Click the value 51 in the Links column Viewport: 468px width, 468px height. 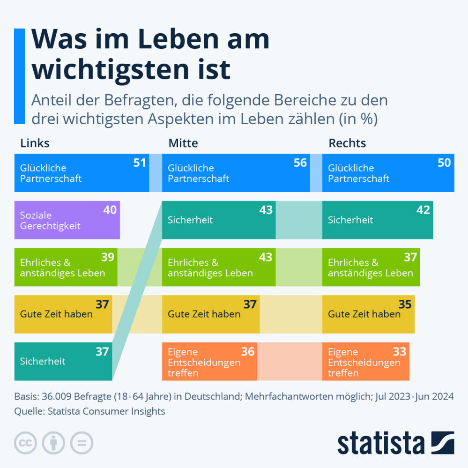pos(140,163)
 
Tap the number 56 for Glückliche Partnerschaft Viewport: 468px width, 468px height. pos(300,163)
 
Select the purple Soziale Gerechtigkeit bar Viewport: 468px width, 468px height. pos(67,220)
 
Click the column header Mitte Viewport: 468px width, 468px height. pos(183,143)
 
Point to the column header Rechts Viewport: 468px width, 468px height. pos(347,143)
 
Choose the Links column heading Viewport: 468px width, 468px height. pos(35,143)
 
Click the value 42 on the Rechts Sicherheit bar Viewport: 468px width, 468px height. pos(423,210)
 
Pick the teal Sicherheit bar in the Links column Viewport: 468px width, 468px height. pos(63,361)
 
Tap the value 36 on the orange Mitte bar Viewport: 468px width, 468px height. pos(248,352)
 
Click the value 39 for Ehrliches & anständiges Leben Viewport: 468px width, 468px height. pos(108,257)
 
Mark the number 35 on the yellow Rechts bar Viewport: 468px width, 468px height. pos(405,305)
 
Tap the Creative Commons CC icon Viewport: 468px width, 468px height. pos(26,443)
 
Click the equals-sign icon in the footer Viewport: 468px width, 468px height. pos(82,443)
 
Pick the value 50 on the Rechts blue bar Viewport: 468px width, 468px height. pos(444,163)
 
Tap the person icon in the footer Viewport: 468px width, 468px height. pos(54,443)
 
